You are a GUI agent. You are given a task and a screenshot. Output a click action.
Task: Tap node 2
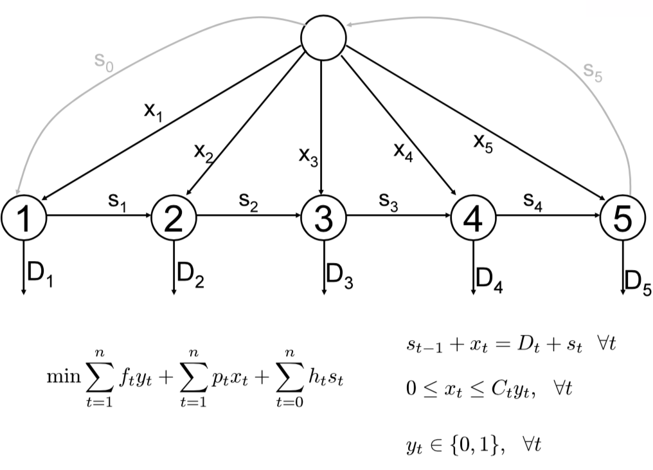(174, 220)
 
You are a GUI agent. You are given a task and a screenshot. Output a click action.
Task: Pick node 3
(323, 220)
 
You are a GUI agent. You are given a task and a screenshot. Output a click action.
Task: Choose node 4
(473, 220)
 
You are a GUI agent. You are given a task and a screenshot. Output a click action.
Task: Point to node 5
(622, 220)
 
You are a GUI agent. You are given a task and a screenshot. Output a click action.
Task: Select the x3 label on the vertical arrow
(309, 156)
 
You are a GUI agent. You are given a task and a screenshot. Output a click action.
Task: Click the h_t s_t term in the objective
(330, 377)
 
